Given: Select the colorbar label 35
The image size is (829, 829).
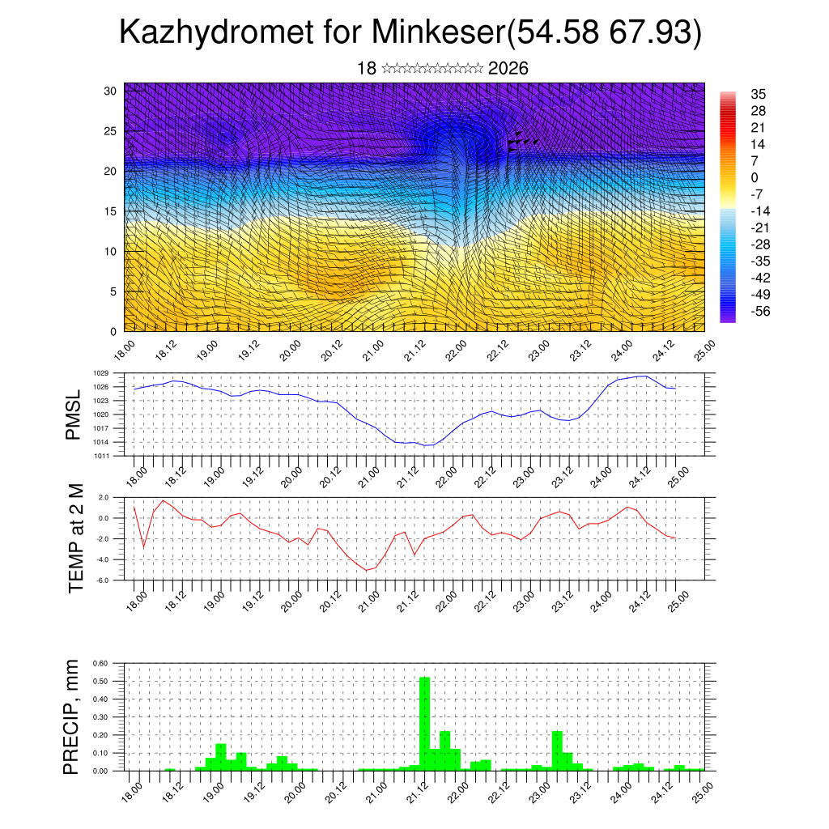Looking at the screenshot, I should tap(758, 94).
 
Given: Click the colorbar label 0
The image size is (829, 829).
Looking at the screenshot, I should tap(755, 177).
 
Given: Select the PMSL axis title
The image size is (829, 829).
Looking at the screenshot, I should tap(74, 414).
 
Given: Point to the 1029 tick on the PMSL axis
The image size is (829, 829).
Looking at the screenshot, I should tap(100, 373).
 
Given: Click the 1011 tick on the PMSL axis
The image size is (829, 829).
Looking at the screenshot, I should tap(100, 456).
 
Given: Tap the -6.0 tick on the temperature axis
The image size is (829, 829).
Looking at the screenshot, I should tap(103, 580).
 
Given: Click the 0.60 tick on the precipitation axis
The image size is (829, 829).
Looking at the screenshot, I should tap(100, 663).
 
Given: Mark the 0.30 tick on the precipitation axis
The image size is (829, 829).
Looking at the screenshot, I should tap(100, 716).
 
